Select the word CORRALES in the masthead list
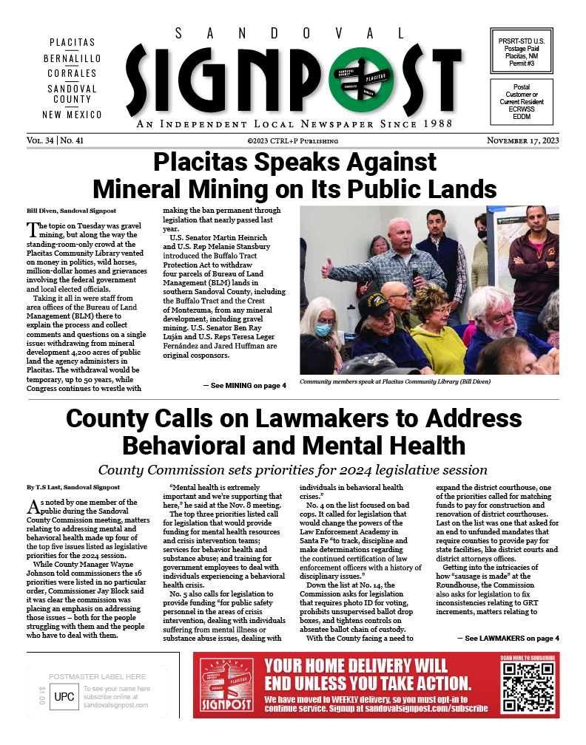pyautogui.click(x=72, y=73)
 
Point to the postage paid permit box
pyautogui.click(x=522, y=49)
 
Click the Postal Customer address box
pyautogui.click(x=522, y=102)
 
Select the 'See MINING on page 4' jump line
pyautogui.click(x=244, y=386)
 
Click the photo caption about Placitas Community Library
pyautogui.click(x=394, y=383)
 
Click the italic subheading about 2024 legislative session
pyautogui.click(x=293, y=470)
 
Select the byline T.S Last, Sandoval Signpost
pyautogui.click(x=64, y=488)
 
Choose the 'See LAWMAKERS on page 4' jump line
pyautogui.click(x=508, y=638)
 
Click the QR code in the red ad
pyautogui.click(x=528, y=687)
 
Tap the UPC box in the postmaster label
pyautogui.click(x=64, y=696)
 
